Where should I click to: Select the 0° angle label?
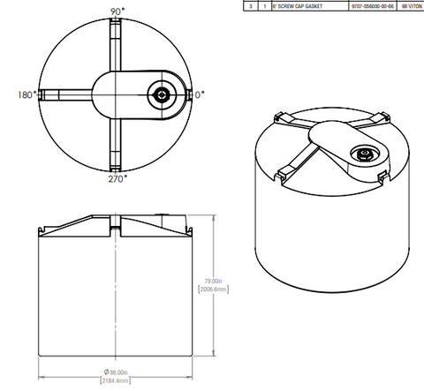[200, 93]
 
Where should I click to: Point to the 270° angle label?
[117, 178]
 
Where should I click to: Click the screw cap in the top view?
[162, 93]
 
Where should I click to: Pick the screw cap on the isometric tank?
[364, 154]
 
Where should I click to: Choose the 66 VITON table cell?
[412, 5]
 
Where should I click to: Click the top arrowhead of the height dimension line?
[207, 214]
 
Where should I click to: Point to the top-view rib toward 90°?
[116, 44]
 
